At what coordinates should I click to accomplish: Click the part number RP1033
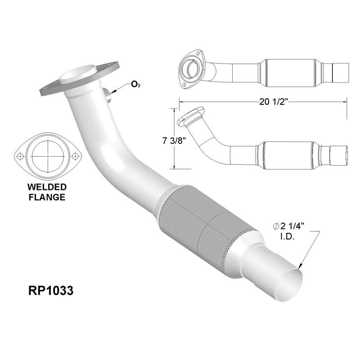48,291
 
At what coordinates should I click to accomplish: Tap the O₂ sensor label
135,84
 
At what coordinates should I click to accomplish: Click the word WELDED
47,187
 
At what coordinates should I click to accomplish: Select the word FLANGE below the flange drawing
47,197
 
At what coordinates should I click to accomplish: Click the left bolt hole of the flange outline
20,156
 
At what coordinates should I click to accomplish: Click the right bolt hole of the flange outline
76,156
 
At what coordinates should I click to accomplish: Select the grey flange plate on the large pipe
54,85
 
